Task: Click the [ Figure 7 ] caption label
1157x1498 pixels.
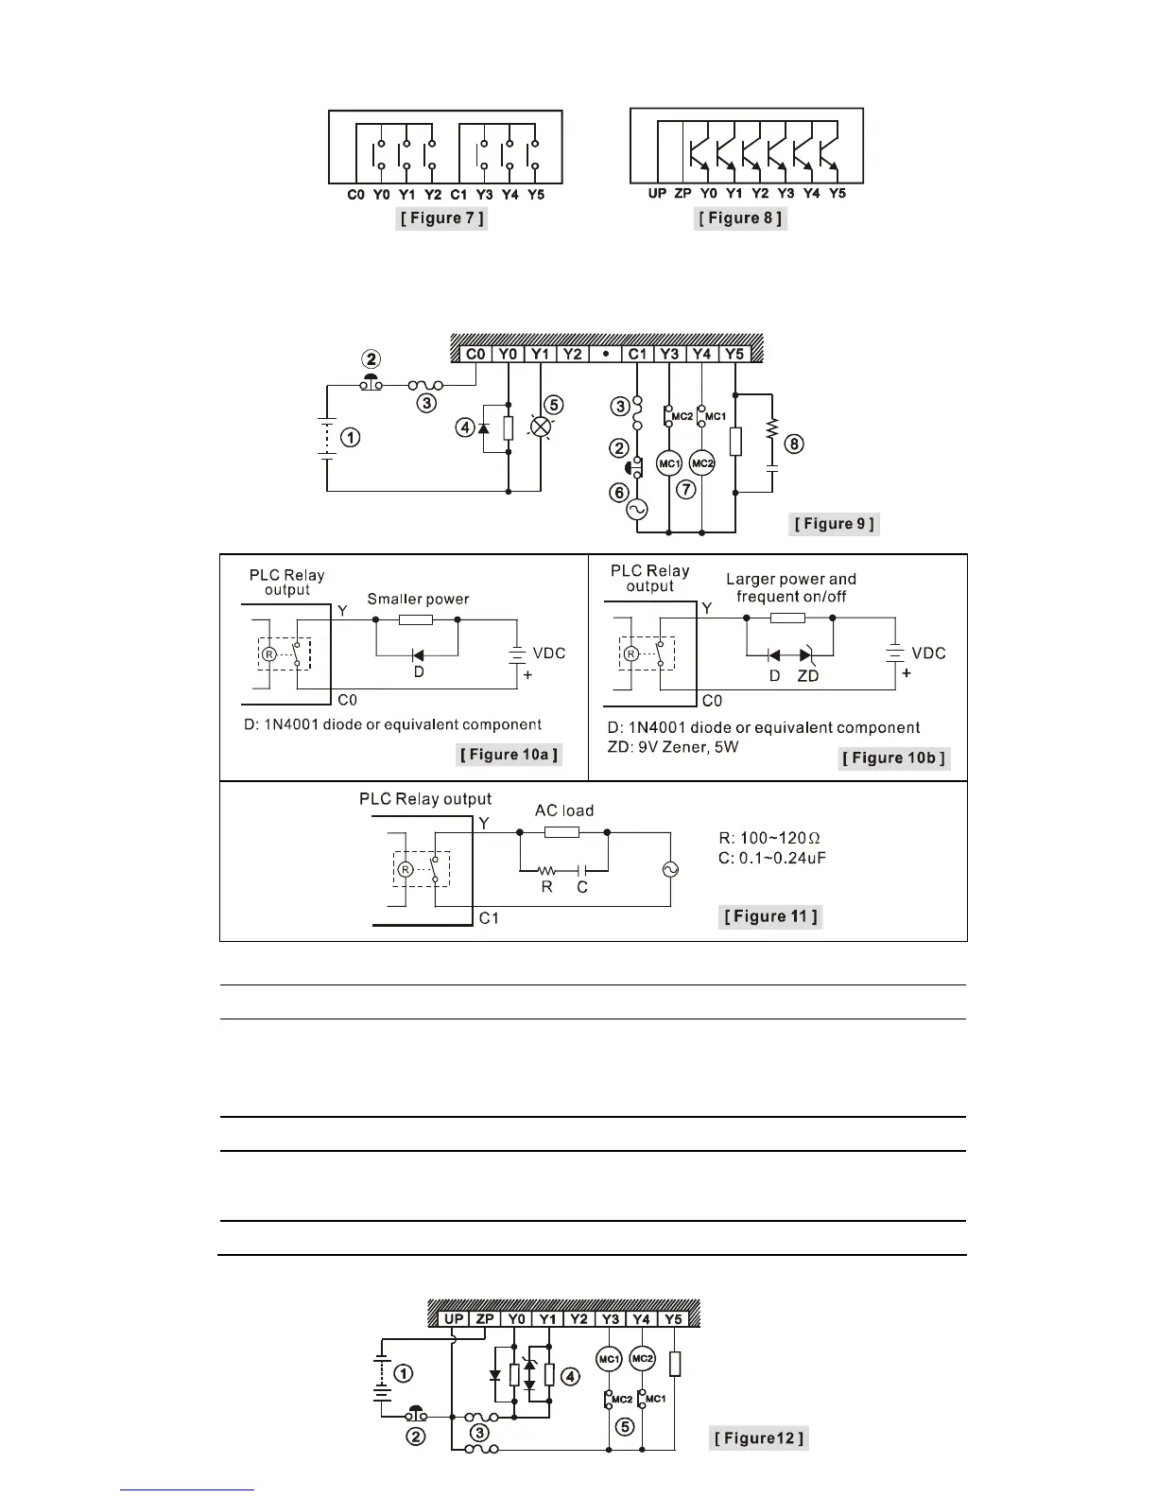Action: coord(442,218)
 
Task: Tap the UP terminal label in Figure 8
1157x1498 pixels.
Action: coord(657,193)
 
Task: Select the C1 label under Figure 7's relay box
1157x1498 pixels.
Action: coord(458,194)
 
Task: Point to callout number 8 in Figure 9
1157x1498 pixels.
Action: coord(795,443)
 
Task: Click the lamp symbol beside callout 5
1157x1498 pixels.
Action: coord(541,427)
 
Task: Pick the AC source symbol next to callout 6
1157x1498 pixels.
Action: coord(636,510)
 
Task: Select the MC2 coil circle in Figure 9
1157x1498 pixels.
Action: coord(701,462)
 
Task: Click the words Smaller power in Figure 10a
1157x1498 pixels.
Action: coord(418,599)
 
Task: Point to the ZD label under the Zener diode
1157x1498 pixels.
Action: coord(807,676)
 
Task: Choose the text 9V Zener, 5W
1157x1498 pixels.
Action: coord(685,747)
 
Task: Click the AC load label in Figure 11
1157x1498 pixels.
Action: coord(564,810)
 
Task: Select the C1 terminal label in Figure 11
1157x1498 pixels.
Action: coord(489,917)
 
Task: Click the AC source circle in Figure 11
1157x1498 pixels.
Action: coord(671,869)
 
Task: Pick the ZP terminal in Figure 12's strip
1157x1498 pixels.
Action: coord(484,1319)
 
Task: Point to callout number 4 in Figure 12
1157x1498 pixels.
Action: coord(570,1377)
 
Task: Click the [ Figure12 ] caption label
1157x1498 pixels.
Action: coord(759,1438)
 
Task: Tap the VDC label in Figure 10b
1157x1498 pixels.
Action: coord(928,653)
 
